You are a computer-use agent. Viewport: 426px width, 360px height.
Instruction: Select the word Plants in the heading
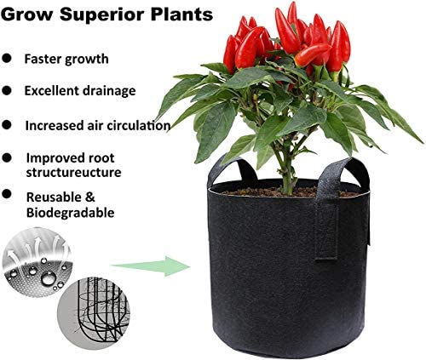[181, 14]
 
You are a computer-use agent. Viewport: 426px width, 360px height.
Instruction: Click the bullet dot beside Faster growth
[6, 58]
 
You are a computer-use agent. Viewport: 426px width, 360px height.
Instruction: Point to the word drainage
[109, 91]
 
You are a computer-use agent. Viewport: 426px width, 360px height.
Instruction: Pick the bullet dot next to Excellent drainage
[6, 91]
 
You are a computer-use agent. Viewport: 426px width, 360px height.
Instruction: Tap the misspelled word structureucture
[73, 173]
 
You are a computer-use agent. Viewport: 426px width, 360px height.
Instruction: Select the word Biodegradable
[71, 213]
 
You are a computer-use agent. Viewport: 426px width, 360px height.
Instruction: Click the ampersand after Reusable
[90, 197]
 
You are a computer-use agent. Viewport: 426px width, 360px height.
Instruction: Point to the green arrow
[151, 266]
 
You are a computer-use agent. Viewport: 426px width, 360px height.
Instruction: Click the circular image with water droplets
[37, 262]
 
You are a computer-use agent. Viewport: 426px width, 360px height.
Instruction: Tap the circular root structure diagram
[93, 311]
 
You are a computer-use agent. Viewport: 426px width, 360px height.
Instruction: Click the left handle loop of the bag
[232, 168]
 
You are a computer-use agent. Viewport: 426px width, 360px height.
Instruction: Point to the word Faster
[43, 59]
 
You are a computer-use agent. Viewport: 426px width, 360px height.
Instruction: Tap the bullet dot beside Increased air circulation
[6, 125]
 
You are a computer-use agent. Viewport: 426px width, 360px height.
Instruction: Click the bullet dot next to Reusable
[6, 194]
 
